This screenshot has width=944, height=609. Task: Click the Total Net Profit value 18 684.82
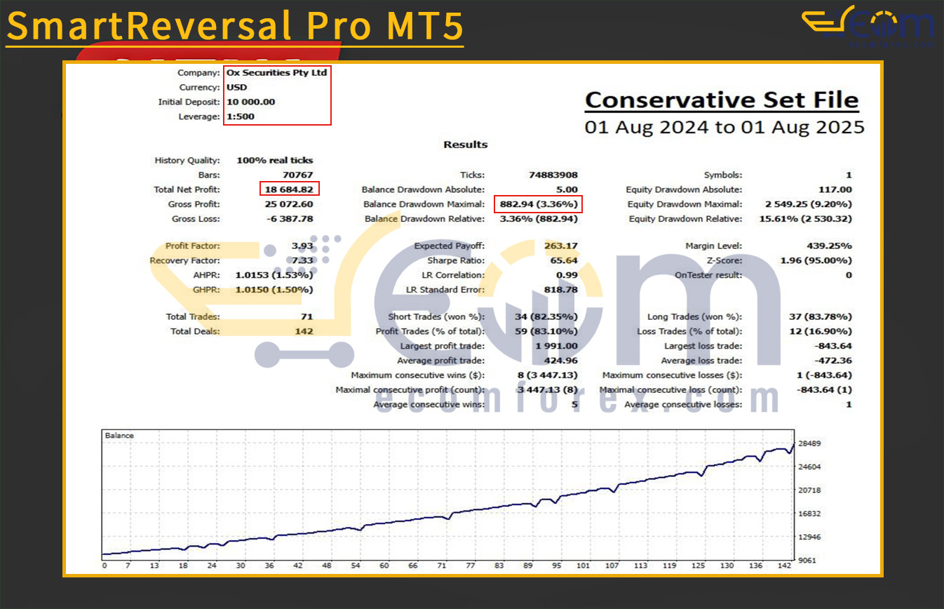pyautogui.click(x=288, y=189)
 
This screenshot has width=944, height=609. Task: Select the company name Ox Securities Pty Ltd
pyautogui.click(x=277, y=72)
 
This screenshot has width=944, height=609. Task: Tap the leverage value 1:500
pyautogui.click(x=241, y=116)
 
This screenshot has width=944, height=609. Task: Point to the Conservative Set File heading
pyautogui.click(x=722, y=100)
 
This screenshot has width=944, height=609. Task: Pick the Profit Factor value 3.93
pyautogui.click(x=302, y=246)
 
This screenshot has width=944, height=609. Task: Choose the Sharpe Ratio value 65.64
pyautogui.click(x=561, y=261)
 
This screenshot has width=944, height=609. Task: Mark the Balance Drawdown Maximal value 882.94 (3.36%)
pyautogui.click(x=538, y=204)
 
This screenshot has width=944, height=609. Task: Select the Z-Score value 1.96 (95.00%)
pyautogui.click(x=816, y=261)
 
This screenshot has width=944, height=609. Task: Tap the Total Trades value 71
pyautogui.click(x=306, y=317)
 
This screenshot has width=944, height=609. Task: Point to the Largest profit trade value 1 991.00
pyautogui.click(x=556, y=346)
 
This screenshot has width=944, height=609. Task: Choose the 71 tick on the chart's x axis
pyautogui.click(x=442, y=565)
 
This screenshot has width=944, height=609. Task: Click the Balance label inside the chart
pyautogui.click(x=119, y=436)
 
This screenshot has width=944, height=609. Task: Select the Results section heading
pyautogui.click(x=465, y=145)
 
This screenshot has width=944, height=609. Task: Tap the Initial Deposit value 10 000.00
pyautogui.click(x=250, y=102)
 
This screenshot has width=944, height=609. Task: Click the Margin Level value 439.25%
pyautogui.click(x=829, y=246)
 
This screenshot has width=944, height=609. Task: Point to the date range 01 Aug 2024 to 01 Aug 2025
pyautogui.click(x=724, y=128)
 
